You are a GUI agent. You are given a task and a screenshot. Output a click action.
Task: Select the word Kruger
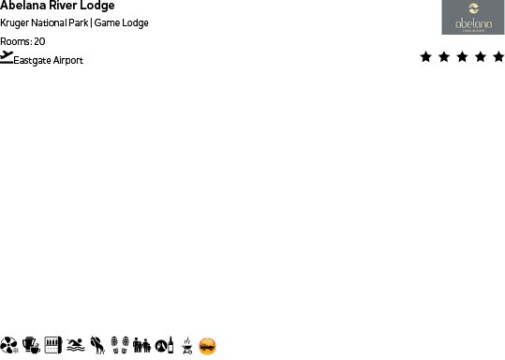coord(15,22)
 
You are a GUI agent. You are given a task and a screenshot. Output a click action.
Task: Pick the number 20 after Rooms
coord(39,41)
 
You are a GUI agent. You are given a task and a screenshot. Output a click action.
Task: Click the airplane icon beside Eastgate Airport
coord(7,58)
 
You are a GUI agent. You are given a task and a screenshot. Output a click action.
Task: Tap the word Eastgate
coord(33,60)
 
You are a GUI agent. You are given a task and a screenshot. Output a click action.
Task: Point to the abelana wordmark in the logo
coord(473,23)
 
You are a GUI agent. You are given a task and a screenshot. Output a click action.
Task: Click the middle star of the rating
coord(462,57)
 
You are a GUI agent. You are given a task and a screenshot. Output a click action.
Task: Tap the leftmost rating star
coord(426,57)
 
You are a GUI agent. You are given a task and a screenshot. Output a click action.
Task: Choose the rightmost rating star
coord(498,57)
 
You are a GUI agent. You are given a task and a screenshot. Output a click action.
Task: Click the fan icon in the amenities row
coord(9,345)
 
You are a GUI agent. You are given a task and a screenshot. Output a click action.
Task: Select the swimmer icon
coord(76,345)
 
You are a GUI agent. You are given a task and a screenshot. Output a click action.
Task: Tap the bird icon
coord(97,345)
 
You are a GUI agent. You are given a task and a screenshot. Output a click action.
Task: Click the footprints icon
coord(119,345)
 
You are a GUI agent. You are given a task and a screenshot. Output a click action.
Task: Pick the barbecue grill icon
coord(186,346)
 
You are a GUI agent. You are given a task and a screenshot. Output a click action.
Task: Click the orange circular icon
coord(208,346)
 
